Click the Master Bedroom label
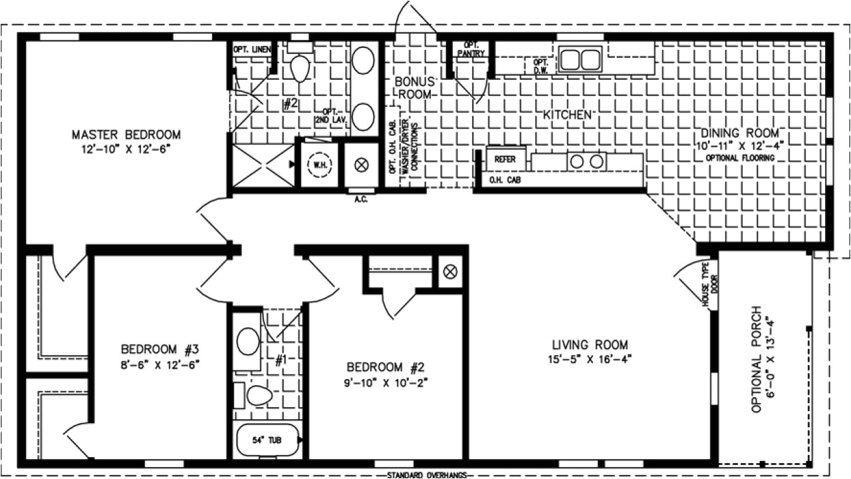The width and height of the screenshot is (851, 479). (126, 135)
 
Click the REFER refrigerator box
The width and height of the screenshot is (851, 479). (505, 160)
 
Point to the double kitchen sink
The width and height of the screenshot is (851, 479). (579, 59)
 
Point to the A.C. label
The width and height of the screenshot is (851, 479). (361, 198)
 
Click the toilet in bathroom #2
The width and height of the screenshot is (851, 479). (301, 67)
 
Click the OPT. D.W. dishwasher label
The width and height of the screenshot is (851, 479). (540, 65)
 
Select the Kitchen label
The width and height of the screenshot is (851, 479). (567, 114)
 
